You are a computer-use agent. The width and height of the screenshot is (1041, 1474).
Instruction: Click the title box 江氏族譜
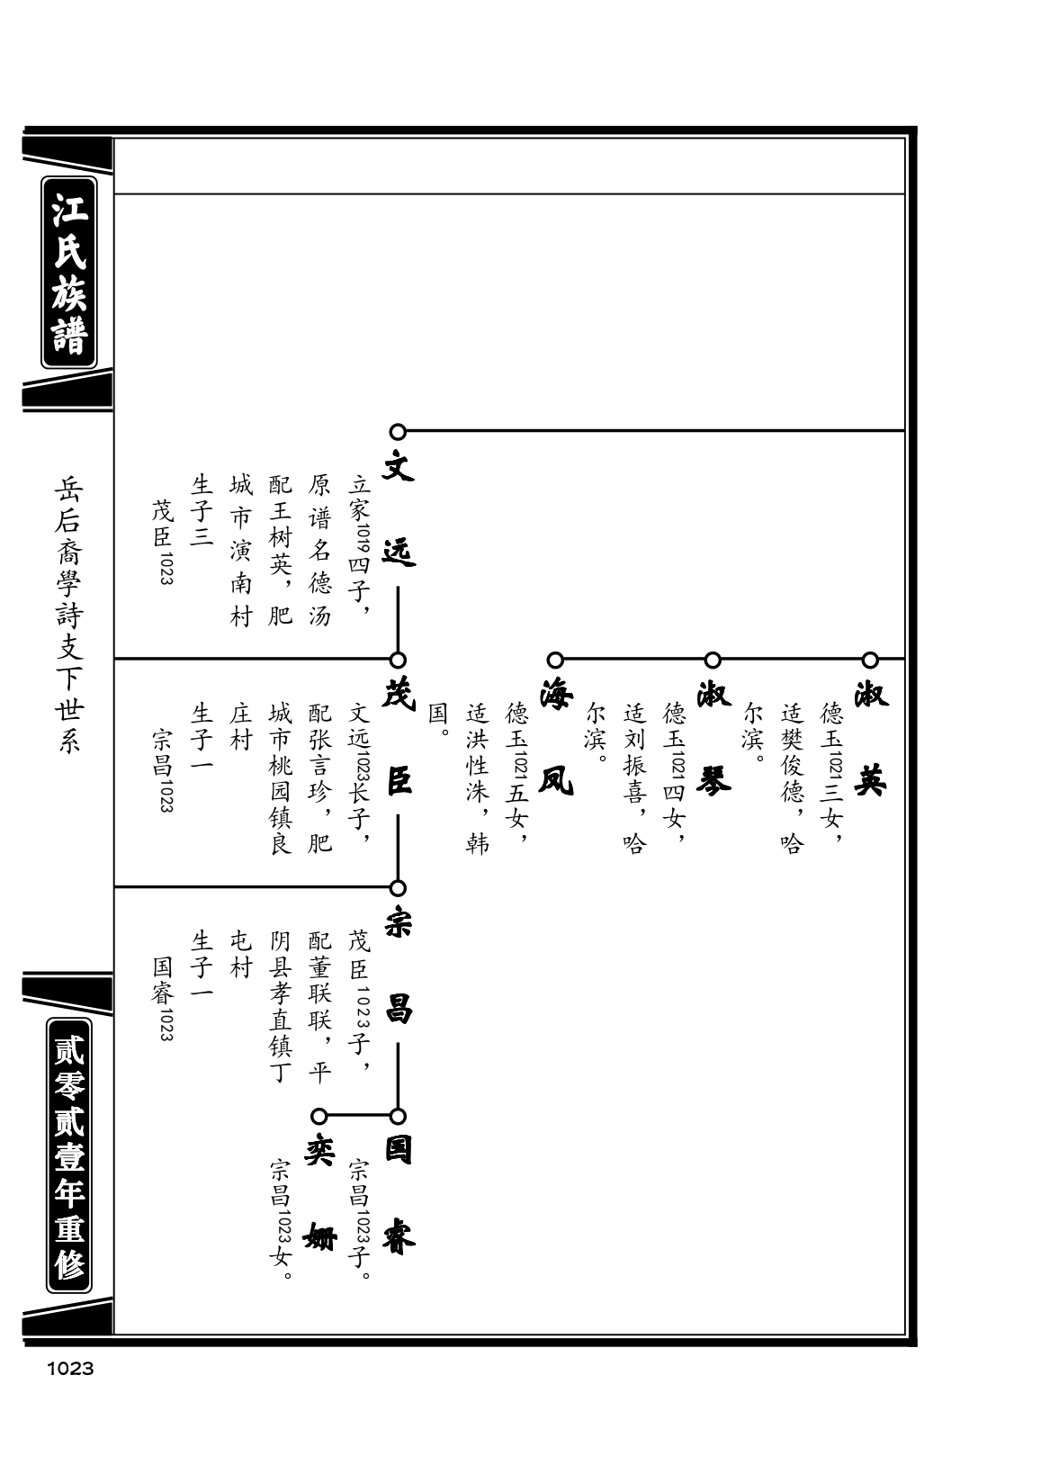(69, 273)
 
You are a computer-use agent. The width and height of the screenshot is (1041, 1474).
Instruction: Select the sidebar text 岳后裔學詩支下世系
(69, 616)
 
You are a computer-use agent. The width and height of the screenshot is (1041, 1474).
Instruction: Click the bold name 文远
(399, 508)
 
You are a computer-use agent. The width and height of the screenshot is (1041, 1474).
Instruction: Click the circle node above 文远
(398, 432)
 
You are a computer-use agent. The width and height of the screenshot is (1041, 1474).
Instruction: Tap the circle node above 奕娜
(319, 1116)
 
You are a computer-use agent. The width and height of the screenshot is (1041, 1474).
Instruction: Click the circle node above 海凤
(555, 660)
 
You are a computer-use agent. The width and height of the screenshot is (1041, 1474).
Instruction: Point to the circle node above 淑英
(870, 660)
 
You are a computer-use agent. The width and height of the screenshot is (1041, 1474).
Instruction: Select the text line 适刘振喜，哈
(635, 777)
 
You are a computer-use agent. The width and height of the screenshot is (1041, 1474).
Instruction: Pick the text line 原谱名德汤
(319, 550)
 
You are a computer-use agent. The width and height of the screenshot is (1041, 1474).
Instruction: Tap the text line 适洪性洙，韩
(478, 777)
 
